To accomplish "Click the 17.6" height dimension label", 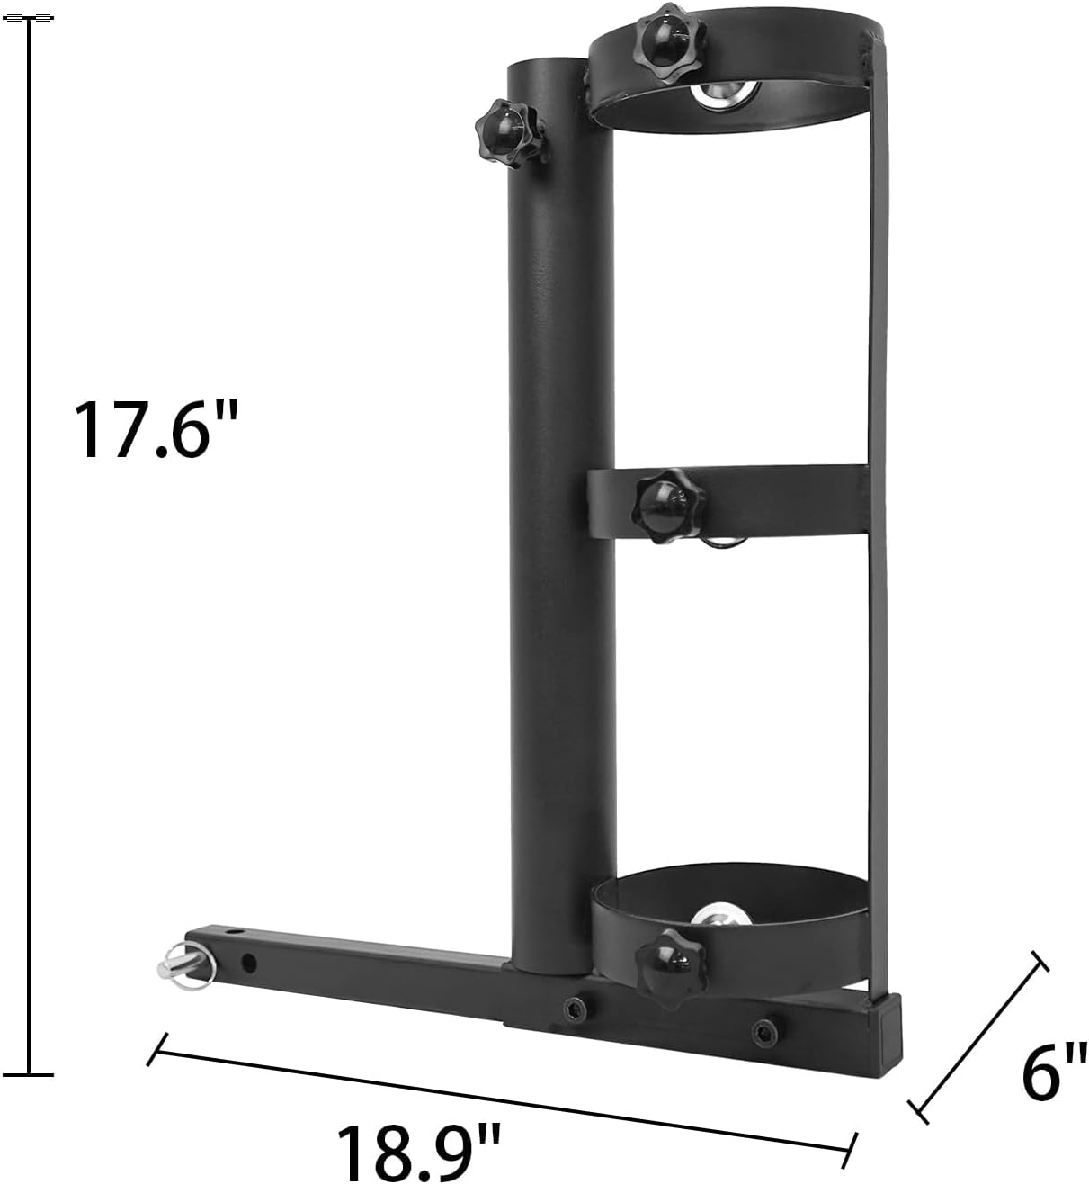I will (x=155, y=430).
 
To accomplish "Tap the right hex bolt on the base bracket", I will (x=764, y=1029).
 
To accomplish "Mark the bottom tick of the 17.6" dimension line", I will (x=28, y=1073).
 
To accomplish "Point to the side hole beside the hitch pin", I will (x=248, y=964).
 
